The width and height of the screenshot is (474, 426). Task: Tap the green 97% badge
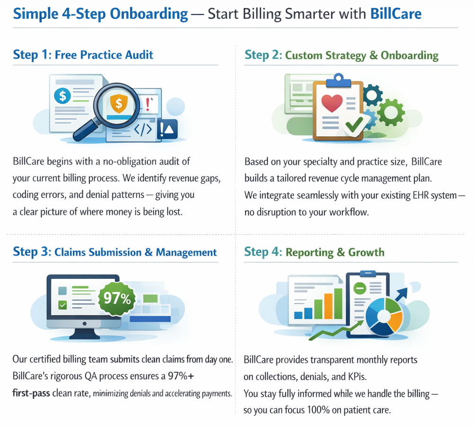click(116, 299)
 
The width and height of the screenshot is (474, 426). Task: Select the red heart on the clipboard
click(331, 102)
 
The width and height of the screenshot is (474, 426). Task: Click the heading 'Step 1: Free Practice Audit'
click(83, 55)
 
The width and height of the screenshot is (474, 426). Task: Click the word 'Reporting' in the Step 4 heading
click(308, 252)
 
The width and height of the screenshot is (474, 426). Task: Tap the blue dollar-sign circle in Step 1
click(62, 95)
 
